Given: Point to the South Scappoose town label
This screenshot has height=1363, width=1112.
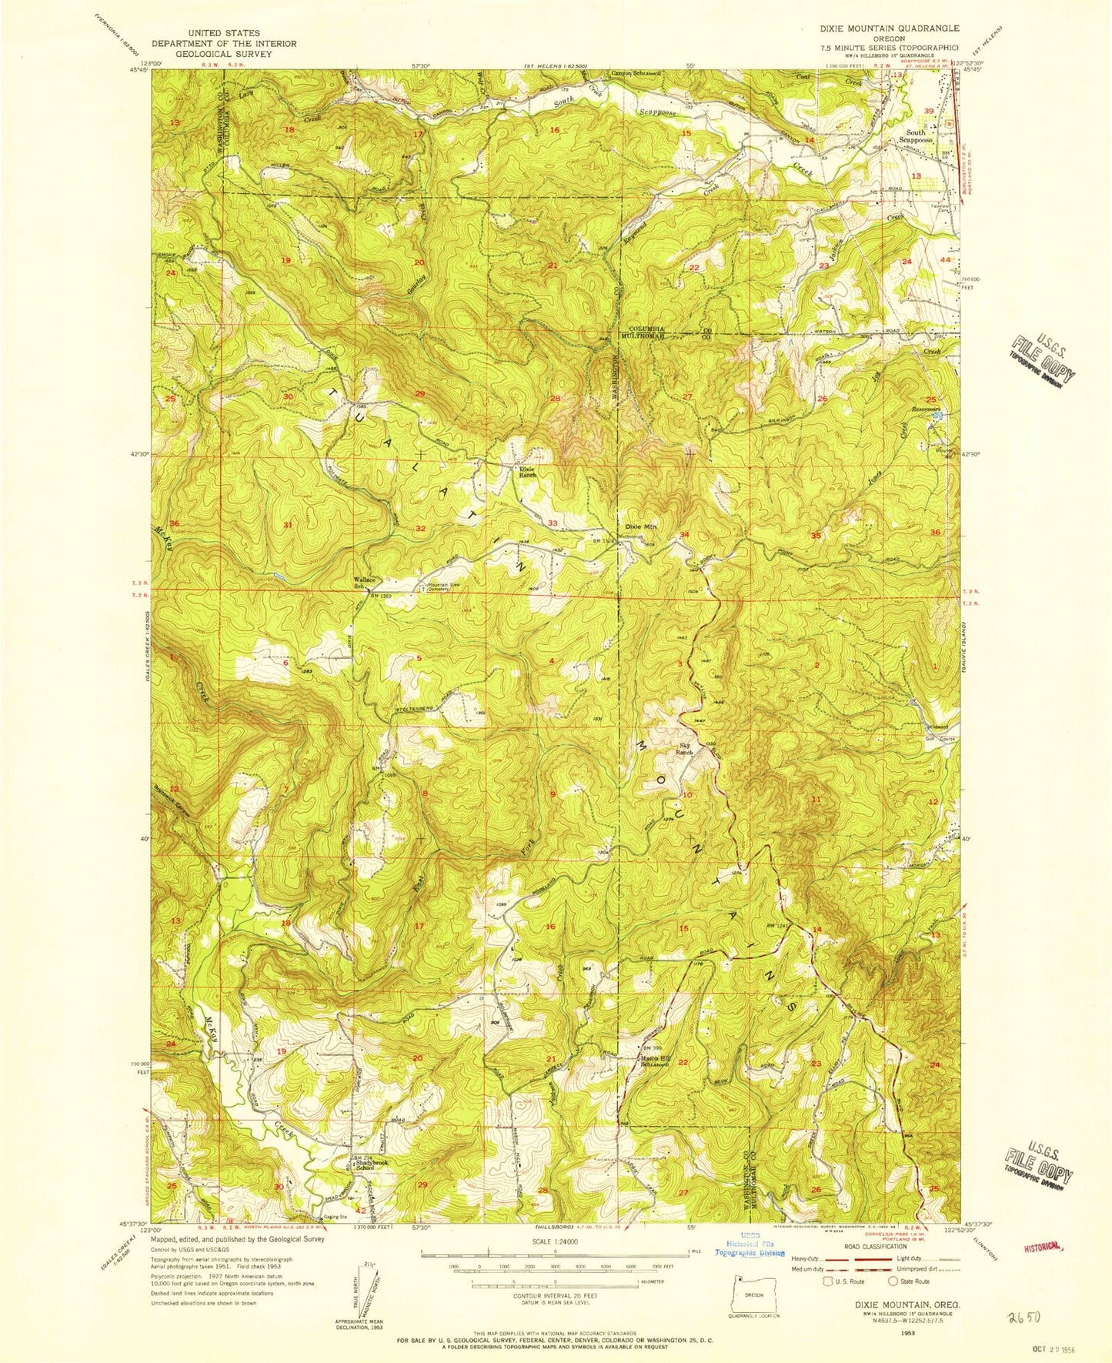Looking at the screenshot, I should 915,136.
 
